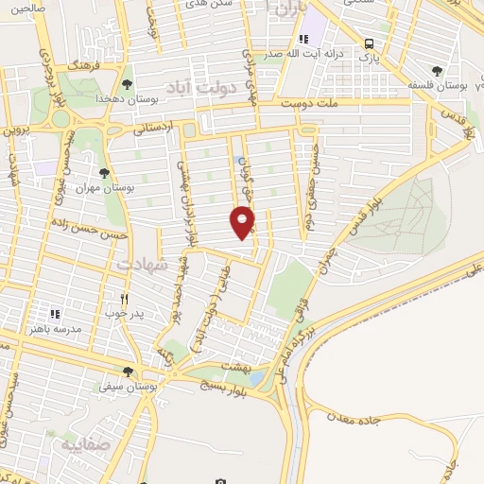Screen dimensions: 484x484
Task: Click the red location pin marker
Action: (243, 222)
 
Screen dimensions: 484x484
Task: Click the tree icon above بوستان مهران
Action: (104, 173)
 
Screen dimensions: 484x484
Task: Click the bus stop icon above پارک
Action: (368, 43)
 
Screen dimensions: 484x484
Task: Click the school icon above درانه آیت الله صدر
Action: (302, 39)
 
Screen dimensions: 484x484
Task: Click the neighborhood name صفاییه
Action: (86, 442)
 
